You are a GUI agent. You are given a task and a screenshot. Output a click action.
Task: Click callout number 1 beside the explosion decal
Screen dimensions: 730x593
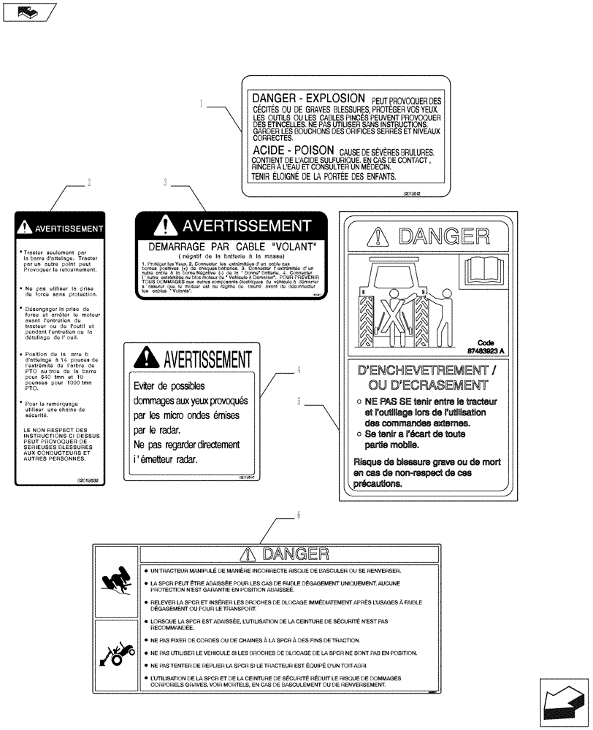click(200, 104)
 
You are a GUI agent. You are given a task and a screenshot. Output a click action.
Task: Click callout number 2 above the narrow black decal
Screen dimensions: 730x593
click(89, 183)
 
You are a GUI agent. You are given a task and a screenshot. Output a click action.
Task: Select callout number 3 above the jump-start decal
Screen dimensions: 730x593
click(166, 183)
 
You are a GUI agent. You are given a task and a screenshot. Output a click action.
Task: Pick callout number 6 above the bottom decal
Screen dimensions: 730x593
click(298, 516)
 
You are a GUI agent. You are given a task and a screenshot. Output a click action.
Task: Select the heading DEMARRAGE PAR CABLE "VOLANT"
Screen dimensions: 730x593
click(232, 247)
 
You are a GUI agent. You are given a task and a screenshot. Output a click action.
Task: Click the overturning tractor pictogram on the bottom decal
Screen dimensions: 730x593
click(117, 583)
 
